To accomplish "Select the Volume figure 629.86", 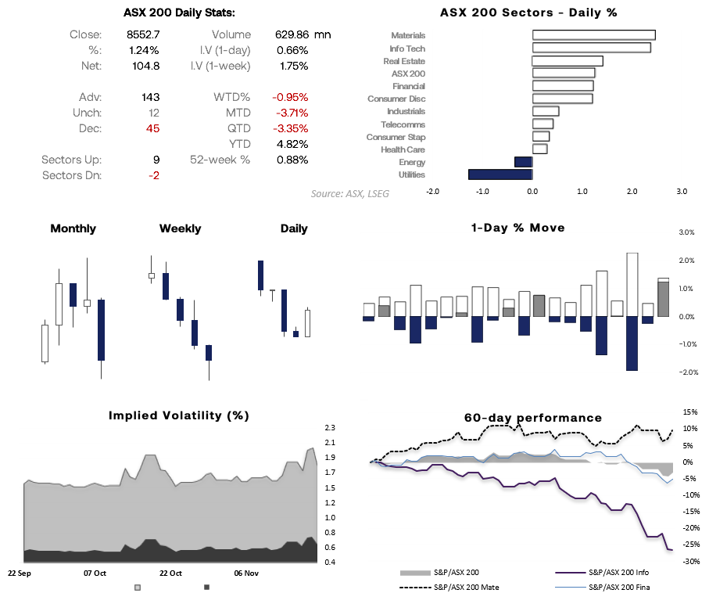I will coord(292,34).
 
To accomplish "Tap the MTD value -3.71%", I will coord(290,113).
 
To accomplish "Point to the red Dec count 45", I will coord(152,128).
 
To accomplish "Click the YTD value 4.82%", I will coord(293,144).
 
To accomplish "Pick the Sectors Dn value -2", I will coord(154,175).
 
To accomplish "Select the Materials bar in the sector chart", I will coord(593,35).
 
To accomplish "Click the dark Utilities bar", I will coord(500,175).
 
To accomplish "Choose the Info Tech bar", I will coord(591,48).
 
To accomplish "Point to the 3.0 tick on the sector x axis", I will coord(682,191).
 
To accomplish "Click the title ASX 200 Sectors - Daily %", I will coord(528,13).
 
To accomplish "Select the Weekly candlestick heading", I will coord(180,228).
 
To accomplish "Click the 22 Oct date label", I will coord(170,573).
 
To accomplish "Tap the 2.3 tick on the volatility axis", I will coord(329,428).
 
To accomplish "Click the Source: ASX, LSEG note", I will coord(349,193).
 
